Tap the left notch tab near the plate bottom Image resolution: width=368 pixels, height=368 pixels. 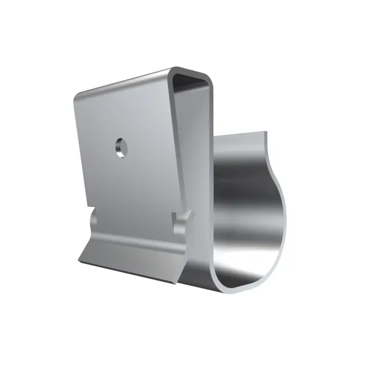[x=95, y=221]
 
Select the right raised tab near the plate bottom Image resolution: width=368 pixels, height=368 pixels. [x=182, y=221]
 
